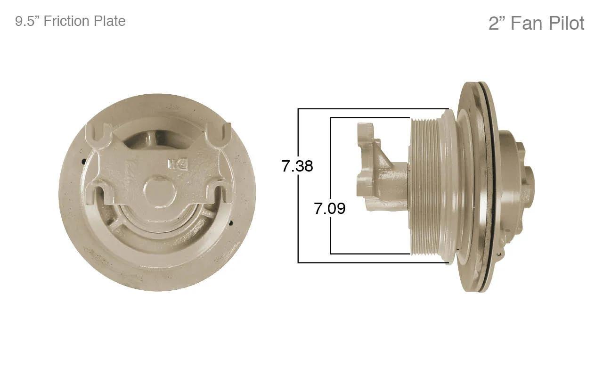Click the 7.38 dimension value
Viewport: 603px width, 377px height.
297,166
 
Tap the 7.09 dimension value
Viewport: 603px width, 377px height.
329,208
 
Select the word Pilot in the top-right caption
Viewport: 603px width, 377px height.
567,23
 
